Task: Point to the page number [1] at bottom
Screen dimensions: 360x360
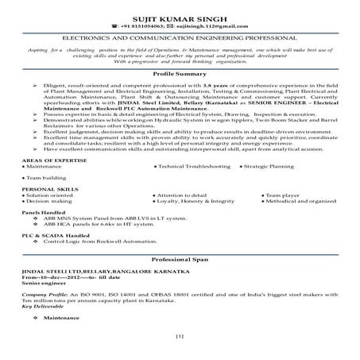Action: click(180, 338)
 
